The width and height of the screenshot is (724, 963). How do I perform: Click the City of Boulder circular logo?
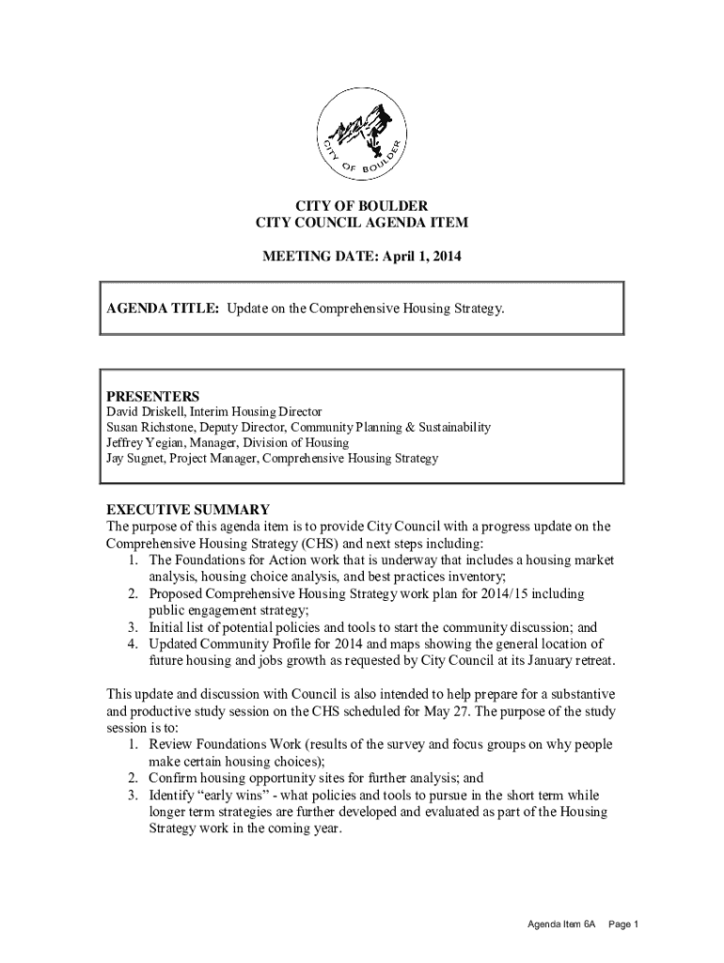point(362,135)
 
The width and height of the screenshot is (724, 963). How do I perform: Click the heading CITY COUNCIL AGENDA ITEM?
point(362,222)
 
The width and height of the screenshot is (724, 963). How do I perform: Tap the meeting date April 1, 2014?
point(423,256)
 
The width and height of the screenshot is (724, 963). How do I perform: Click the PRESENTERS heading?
point(152,396)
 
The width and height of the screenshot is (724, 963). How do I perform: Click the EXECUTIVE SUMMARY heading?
point(188,510)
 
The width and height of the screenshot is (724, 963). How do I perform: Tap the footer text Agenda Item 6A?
point(561,924)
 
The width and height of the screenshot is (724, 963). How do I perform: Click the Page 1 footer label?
point(623,924)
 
